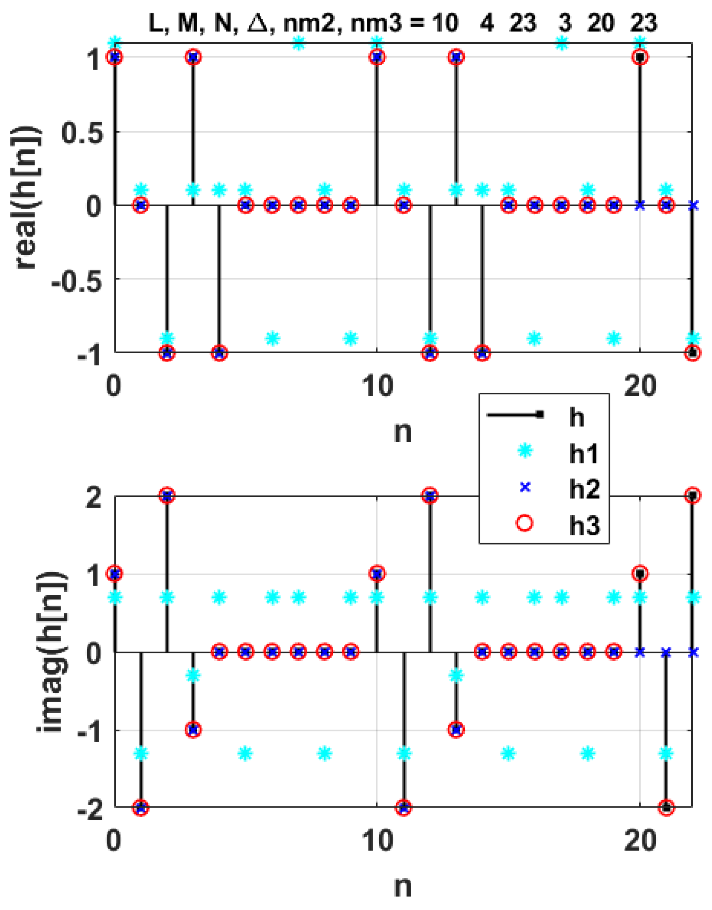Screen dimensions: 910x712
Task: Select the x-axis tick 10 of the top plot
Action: coord(378,386)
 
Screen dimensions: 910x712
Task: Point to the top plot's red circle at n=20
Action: coord(640,57)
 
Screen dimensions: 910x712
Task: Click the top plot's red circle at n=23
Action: coord(692,353)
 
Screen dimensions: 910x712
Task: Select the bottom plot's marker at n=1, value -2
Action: coord(141,807)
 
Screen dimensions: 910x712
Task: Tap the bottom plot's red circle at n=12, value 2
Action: coord(430,496)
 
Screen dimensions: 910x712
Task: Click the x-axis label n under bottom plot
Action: coord(403,886)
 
